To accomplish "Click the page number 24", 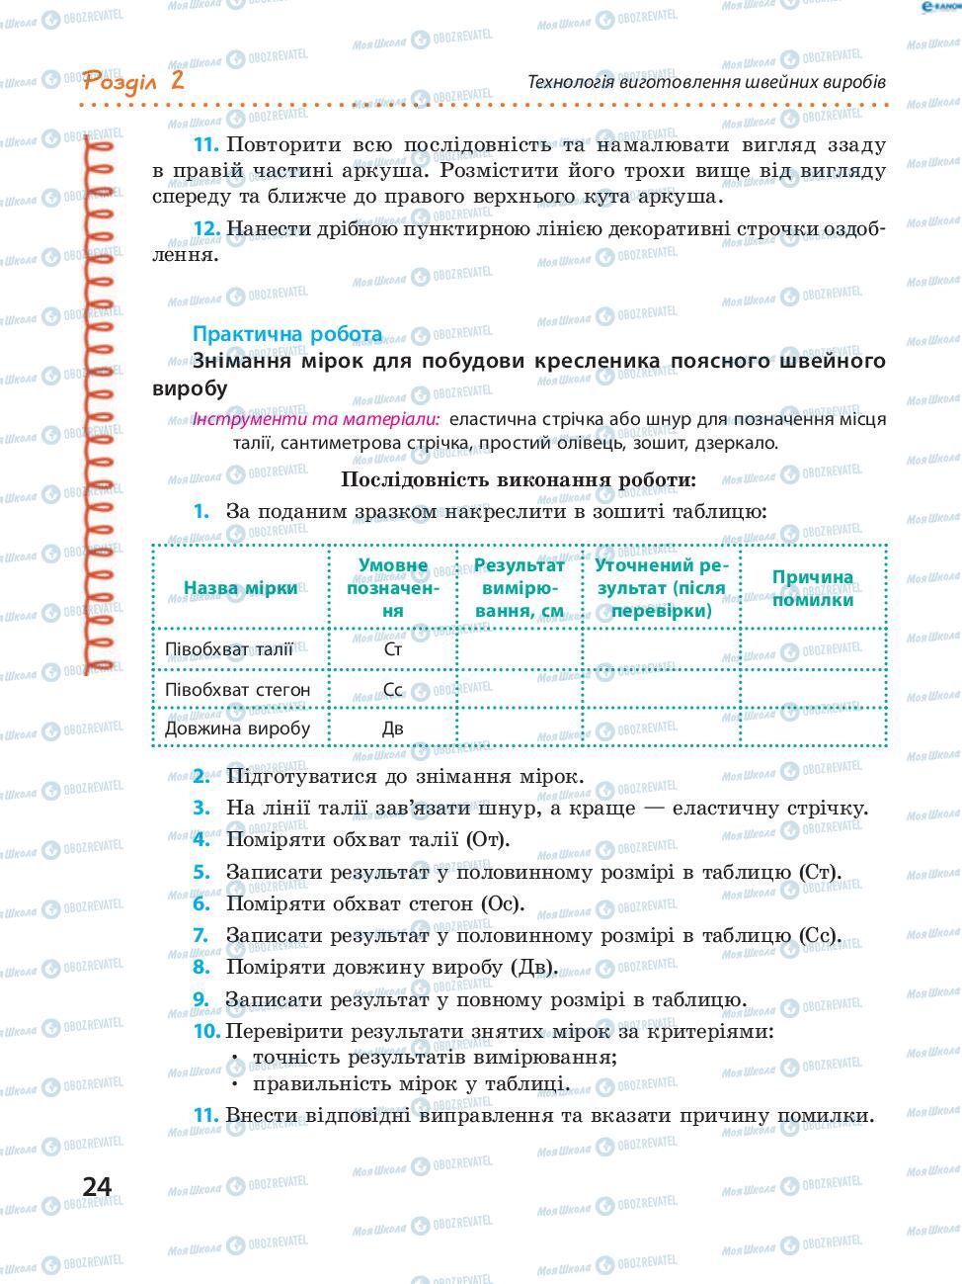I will point(97,1186).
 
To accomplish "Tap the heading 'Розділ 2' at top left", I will point(133,80).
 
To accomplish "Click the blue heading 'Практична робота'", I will point(287,334).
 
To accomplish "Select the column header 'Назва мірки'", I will point(240,588).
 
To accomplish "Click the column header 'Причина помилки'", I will point(813,588).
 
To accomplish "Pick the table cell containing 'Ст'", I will point(392,649).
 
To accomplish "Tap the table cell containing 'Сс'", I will point(392,689).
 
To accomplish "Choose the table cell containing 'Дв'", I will point(392,728).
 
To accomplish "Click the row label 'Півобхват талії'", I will point(228,649).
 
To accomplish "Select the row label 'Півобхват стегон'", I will point(237,689).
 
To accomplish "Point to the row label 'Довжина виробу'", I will point(237,728).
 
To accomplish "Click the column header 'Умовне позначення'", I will point(392,588).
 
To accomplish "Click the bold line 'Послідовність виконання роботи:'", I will point(519,479).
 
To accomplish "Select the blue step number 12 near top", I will point(205,229).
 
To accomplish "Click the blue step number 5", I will point(201,872).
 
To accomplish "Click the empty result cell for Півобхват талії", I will point(520,649).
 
